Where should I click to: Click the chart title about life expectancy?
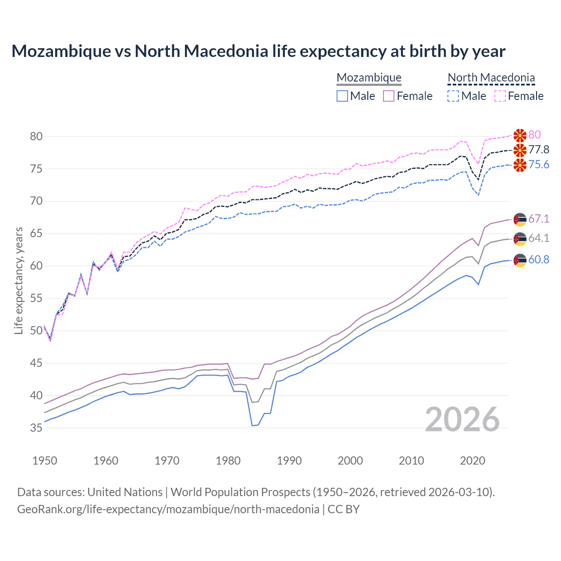pyautogui.click(x=258, y=51)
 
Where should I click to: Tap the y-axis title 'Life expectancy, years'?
pyautogui.click(x=18, y=280)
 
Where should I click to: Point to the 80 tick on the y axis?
pyautogui.click(x=36, y=136)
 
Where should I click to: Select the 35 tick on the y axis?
pyautogui.click(x=36, y=428)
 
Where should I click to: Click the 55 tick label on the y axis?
pyautogui.click(x=36, y=298)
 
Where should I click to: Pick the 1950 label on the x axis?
pyautogui.click(x=45, y=461)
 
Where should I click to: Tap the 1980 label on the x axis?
pyautogui.click(x=228, y=461)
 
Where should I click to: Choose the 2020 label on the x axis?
pyautogui.click(x=472, y=461)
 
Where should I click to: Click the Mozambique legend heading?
pyautogui.click(x=369, y=78)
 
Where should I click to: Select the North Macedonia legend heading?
pyautogui.click(x=491, y=78)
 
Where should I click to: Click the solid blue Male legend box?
pyautogui.click(x=342, y=96)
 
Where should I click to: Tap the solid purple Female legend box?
pyautogui.click(x=389, y=96)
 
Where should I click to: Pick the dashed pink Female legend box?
pyautogui.click(x=500, y=96)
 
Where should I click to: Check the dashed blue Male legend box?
pyautogui.click(x=453, y=96)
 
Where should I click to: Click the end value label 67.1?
pyautogui.click(x=539, y=219)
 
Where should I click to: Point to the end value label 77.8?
pyautogui.click(x=539, y=150)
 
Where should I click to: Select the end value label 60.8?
pyautogui.click(x=539, y=260)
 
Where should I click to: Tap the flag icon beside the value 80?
pyautogui.click(x=520, y=135)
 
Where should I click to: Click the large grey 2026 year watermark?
pyautogui.click(x=462, y=419)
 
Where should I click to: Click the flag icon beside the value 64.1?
pyautogui.click(x=520, y=239)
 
